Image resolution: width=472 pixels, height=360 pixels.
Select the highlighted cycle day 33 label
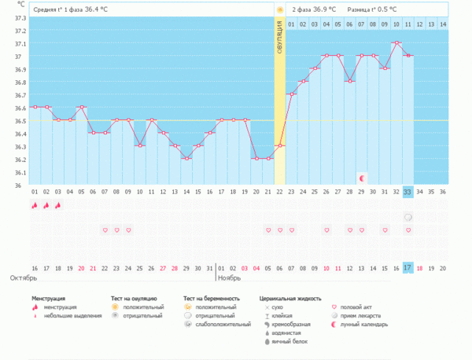407,191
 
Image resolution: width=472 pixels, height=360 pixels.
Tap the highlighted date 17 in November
407,268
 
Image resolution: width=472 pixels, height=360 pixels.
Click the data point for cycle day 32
396,42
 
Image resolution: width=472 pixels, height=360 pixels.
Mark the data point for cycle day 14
186,159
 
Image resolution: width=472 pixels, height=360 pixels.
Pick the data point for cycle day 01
35,107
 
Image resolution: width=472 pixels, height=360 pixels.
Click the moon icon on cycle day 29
361,178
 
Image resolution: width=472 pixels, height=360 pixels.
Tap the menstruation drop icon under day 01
35,205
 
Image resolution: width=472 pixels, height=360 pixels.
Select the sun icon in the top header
279,9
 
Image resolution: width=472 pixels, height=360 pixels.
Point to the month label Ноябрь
229,278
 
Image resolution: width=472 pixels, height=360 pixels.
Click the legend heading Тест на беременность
212,299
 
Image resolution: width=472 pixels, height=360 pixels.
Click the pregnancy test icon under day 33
407,217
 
